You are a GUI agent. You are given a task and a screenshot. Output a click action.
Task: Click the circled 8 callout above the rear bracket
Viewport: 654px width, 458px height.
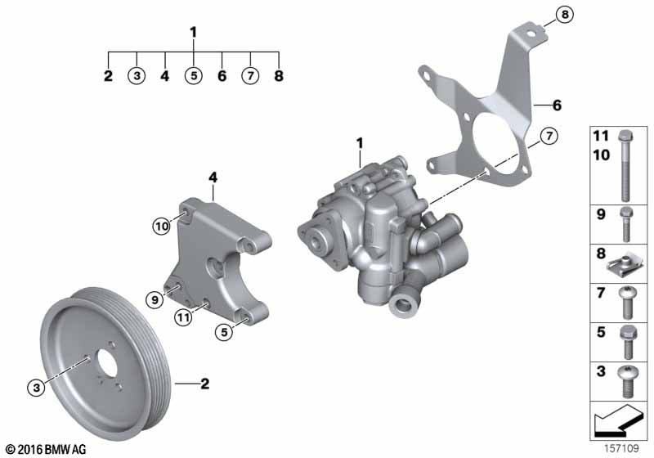(565, 13)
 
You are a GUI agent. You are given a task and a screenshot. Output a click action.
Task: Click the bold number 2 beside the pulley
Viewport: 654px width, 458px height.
(206, 382)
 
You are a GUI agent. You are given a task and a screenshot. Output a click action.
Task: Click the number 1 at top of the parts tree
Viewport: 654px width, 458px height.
(194, 33)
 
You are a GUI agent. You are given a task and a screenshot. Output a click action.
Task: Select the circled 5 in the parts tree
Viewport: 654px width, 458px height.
(194, 77)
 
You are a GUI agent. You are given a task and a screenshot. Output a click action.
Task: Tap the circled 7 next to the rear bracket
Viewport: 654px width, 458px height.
(549, 136)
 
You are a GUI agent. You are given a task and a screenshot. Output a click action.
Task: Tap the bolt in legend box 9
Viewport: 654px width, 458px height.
(625, 222)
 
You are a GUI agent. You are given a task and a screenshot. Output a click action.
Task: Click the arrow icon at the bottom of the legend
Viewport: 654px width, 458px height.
(619, 423)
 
